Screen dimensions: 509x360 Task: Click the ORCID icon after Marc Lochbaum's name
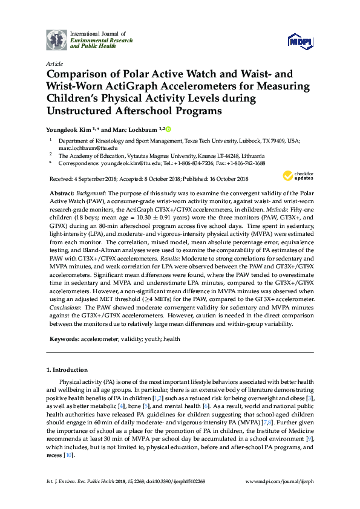click(x=168, y=129)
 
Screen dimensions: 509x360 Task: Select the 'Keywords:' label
click(x=64, y=339)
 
